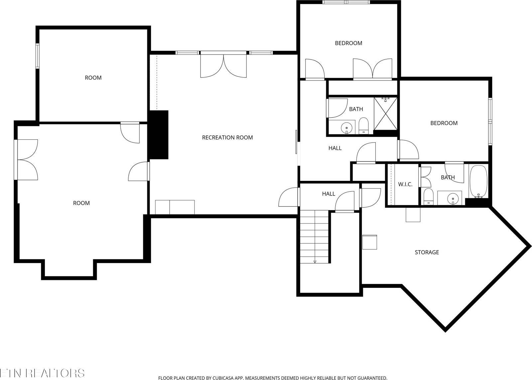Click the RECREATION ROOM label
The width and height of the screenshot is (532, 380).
(x=227, y=137)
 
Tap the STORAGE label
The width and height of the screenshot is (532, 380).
(x=427, y=252)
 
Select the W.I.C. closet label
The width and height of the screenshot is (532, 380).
(x=405, y=184)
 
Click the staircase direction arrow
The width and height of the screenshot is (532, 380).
(x=315, y=261)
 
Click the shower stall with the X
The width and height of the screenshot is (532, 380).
(x=385, y=113)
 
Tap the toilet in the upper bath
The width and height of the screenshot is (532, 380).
(x=363, y=126)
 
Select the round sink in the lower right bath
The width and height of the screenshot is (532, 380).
(x=452, y=199)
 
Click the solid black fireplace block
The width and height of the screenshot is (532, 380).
(x=159, y=135)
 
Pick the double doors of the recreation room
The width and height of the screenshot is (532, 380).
(x=224, y=66)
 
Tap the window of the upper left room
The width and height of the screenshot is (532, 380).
(x=38, y=56)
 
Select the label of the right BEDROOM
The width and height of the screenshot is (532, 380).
(x=444, y=123)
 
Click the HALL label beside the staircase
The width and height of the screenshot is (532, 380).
(x=329, y=194)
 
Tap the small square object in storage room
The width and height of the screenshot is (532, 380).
(x=370, y=242)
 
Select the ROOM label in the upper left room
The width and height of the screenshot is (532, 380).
(x=93, y=78)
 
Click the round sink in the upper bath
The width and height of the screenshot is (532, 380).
(x=347, y=127)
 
